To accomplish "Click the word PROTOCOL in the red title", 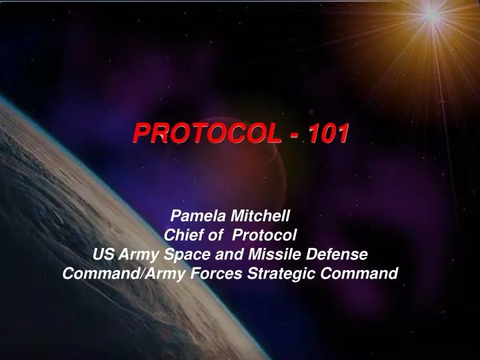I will tap(207, 134).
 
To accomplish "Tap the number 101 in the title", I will tap(327, 134).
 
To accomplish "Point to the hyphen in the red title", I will tap(293, 135).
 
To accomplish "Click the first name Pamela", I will tap(199, 215).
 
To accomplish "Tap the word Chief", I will tap(182, 235).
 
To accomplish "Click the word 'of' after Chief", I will tap(215, 235).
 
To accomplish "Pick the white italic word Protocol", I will tap(267, 235).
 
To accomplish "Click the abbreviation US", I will tap(102, 254).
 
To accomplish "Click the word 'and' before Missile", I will tap(225, 254).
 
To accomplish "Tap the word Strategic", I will tap(273, 273).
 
